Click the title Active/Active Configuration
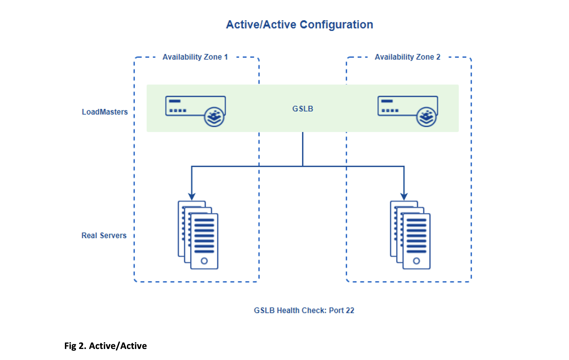(299, 25)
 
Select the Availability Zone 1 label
(195, 57)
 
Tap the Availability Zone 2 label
(407, 57)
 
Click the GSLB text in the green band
(303, 109)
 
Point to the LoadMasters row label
(105, 112)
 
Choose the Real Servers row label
(104, 236)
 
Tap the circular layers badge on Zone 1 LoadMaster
(214, 117)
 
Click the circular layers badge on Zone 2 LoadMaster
(426, 117)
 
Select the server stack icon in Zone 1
(198, 235)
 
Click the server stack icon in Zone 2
(410, 235)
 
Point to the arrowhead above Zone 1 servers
(192, 196)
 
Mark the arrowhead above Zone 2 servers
(404, 196)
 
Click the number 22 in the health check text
(350, 310)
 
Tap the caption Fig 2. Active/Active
(105, 346)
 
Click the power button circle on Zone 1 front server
(204, 261)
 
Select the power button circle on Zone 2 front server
(416, 261)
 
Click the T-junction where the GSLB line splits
(303, 166)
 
